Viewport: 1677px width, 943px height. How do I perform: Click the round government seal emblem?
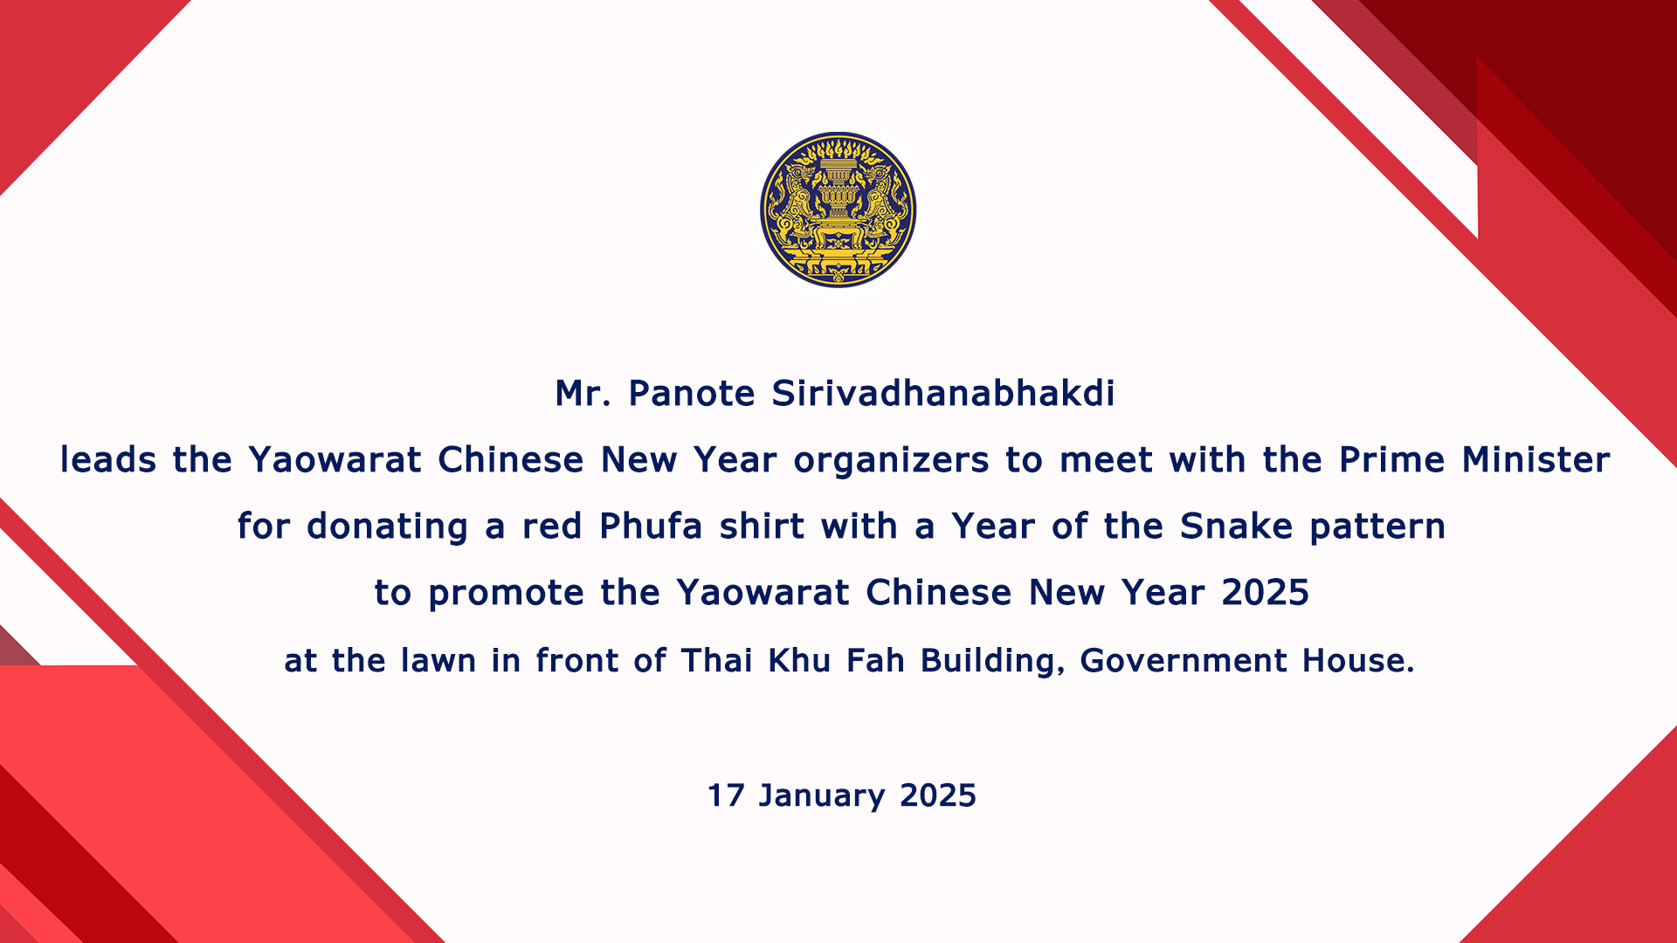(x=838, y=210)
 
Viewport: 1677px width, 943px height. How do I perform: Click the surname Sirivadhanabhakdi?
(x=943, y=394)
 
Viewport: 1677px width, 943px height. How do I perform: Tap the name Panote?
(x=692, y=394)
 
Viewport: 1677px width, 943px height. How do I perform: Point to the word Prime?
(x=1392, y=460)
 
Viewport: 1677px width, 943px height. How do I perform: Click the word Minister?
(x=1536, y=460)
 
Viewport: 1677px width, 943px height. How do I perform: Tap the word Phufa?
(x=652, y=527)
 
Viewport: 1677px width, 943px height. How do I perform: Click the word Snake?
(x=1236, y=527)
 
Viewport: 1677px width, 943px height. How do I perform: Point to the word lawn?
(x=438, y=661)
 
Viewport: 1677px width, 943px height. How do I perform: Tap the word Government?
(x=1184, y=661)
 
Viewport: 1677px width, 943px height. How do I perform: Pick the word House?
(x=1358, y=661)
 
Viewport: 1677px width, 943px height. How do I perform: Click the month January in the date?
(x=822, y=796)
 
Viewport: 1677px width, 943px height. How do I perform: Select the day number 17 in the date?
(x=725, y=795)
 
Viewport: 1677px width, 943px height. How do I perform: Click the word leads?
(x=108, y=460)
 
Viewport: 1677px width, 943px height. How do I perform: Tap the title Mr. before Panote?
(x=583, y=394)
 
